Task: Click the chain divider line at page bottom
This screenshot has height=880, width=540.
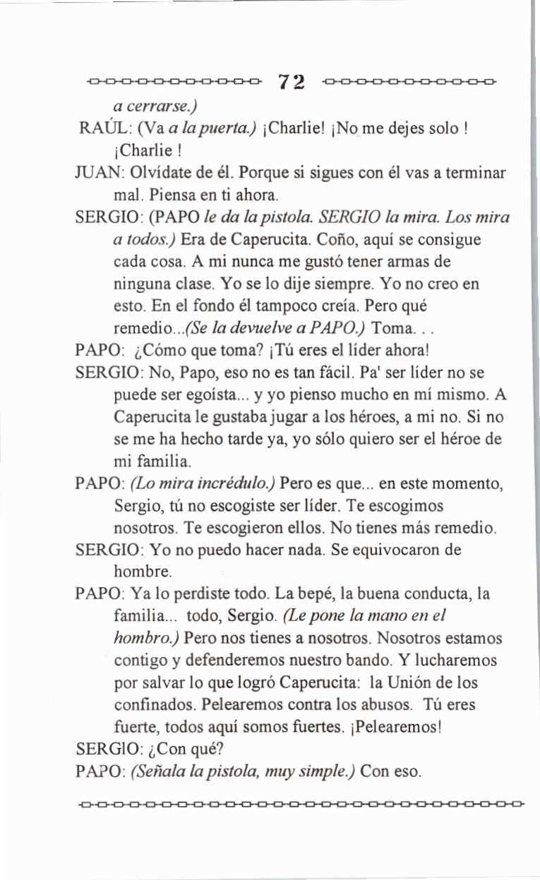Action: click(x=300, y=803)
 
